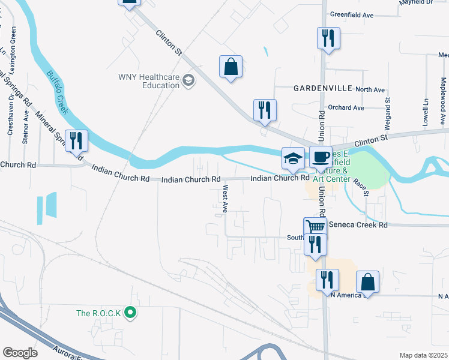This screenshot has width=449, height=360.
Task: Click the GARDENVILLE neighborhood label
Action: pos(322,88)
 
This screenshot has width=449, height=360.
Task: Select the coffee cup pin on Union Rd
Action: pos(321,157)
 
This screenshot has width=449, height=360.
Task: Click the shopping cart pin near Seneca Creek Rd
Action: pos(315,227)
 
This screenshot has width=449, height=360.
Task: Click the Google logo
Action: pos(20,353)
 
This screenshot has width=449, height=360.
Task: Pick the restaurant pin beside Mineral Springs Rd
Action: pos(76,140)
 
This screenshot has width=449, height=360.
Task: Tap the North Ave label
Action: pos(370,90)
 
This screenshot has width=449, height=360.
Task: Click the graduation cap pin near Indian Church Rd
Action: pos(292,158)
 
